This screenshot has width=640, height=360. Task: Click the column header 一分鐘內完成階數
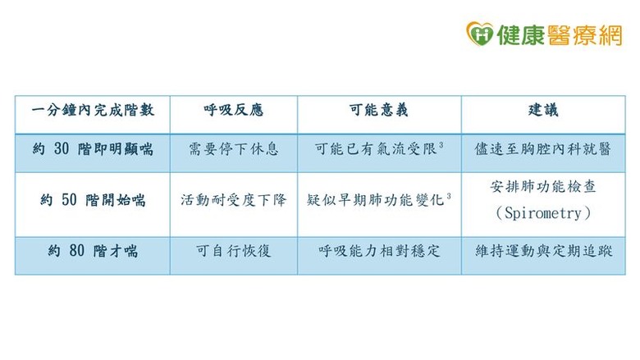click(93, 110)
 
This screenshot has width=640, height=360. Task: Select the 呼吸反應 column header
click(234, 110)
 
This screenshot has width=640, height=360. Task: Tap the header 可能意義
click(379, 110)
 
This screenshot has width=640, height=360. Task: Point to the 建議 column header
click(543, 110)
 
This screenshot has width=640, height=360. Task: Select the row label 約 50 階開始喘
click(93, 199)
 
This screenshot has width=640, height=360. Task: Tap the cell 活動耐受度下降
click(234, 199)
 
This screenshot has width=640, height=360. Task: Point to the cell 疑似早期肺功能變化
click(377, 199)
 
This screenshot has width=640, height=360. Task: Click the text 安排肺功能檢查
click(543, 186)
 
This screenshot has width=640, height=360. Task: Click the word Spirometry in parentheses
click(543, 212)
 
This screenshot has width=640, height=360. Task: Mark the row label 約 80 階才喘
click(93, 251)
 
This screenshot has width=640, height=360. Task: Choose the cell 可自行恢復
click(234, 251)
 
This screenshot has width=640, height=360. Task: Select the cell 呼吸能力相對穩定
click(379, 251)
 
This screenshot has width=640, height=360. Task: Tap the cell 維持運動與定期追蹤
click(543, 251)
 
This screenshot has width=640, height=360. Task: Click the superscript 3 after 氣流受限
click(441, 145)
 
